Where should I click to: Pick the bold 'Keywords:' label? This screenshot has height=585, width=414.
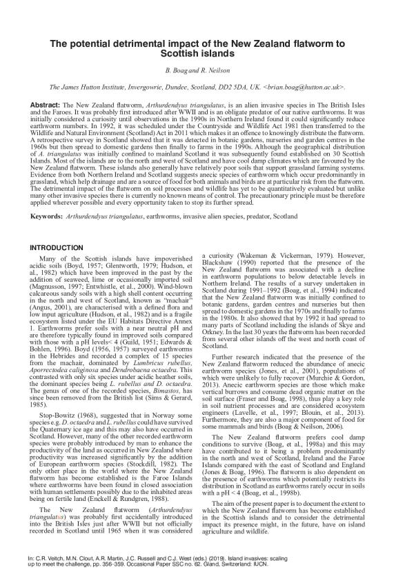[48, 216]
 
